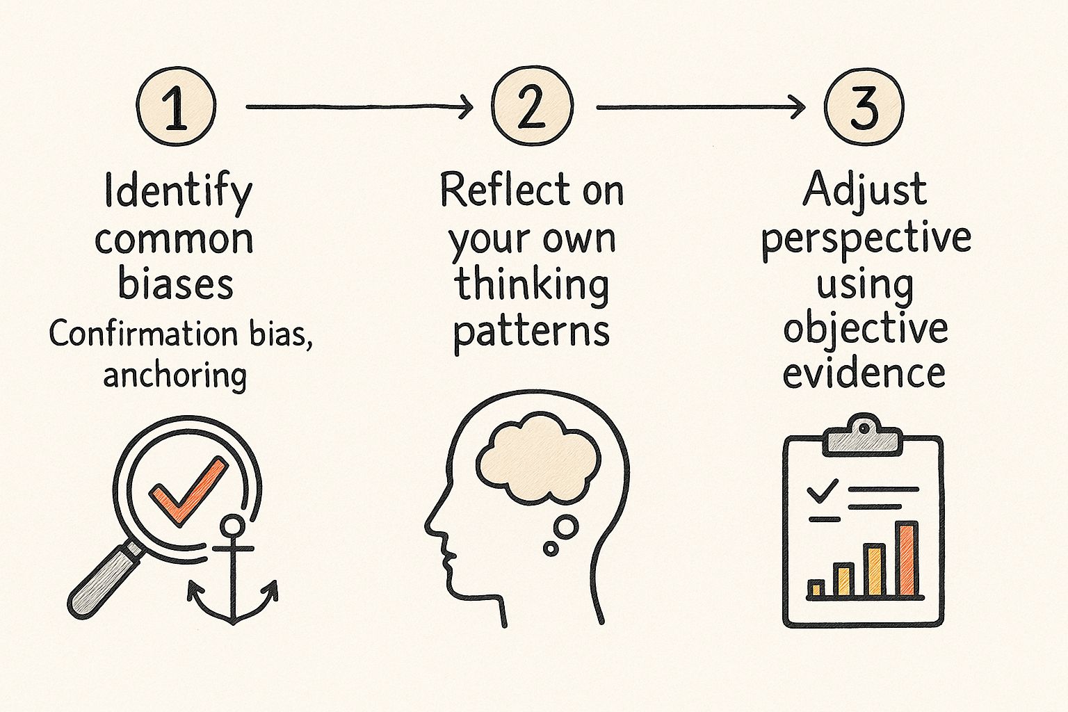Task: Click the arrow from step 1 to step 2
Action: click(359, 107)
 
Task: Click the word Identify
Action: click(178, 192)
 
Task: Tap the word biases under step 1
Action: click(175, 284)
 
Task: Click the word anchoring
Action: click(175, 375)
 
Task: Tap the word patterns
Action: click(532, 332)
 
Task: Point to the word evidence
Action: click(864, 373)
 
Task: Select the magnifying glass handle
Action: click(104, 581)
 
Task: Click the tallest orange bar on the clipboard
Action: click(907, 560)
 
